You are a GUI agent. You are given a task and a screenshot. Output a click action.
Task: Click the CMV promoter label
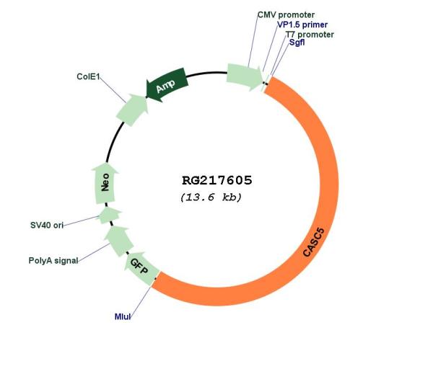(x=286, y=14)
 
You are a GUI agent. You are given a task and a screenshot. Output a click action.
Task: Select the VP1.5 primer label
(x=302, y=25)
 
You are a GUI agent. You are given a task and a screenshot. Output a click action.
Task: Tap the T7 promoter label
(x=310, y=34)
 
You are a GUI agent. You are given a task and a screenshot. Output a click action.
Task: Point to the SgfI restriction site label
(x=297, y=43)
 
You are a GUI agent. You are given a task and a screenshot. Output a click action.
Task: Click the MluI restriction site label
(x=123, y=316)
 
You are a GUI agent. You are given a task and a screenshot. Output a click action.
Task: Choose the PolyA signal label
(x=53, y=260)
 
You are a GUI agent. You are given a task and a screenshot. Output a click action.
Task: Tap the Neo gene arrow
(x=105, y=184)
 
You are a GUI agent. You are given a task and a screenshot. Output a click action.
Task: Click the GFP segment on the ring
(x=139, y=270)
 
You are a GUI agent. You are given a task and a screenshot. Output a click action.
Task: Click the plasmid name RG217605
(x=216, y=180)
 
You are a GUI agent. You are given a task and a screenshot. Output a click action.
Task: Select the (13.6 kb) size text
(x=211, y=197)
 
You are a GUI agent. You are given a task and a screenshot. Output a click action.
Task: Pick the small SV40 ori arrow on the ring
(x=110, y=215)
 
